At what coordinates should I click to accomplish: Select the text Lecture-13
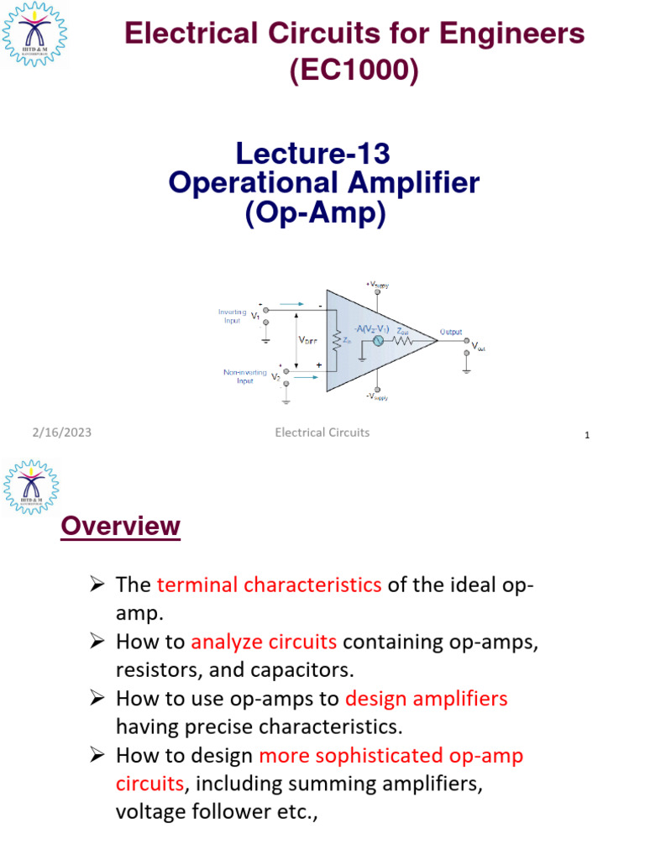tap(313, 154)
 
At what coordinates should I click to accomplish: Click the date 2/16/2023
tap(61, 433)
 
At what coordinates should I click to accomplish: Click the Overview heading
tap(121, 527)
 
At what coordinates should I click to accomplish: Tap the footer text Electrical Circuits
tap(322, 433)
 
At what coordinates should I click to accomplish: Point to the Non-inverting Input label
tap(244, 376)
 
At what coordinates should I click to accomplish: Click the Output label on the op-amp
tap(451, 333)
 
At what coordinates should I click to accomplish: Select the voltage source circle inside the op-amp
tap(377, 340)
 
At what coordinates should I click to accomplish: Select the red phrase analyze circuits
tap(264, 642)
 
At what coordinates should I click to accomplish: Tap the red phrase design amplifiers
tap(427, 699)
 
